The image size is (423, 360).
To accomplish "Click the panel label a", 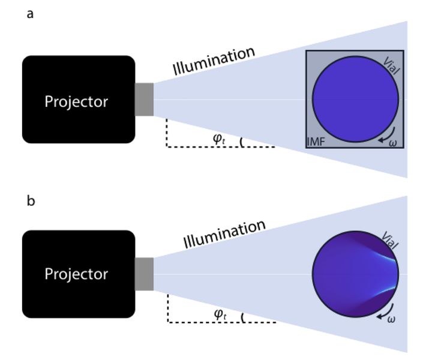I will tap(30, 14).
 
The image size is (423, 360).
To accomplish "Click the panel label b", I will tap(31, 200).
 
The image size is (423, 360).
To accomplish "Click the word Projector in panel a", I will tap(76, 101).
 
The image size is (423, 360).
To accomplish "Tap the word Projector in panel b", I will tap(76, 274).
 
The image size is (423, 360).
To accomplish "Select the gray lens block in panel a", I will tap(145, 100).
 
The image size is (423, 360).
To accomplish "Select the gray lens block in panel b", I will tap(145, 274).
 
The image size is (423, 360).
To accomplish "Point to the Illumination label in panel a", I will tap(214, 61).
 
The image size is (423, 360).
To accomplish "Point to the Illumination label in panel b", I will tap(224, 234).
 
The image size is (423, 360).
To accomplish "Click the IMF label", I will tap(316, 142).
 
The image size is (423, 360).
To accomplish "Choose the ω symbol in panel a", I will tap(393, 142).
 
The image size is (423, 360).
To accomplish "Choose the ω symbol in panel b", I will tap(391, 319).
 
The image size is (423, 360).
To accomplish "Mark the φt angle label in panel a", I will tap(219, 139).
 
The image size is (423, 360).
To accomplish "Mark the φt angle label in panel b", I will tap(220, 313).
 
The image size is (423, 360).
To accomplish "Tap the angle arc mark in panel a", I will tap(241, 143).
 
